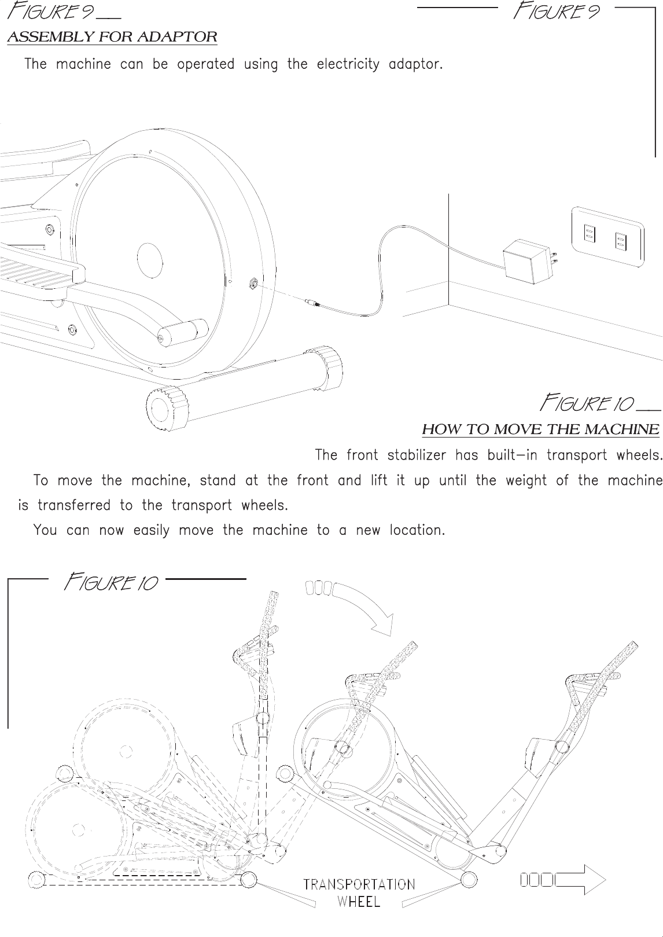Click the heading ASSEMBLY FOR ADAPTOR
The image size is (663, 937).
[x=112, y=38]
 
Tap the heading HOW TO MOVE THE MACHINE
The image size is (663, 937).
[x=540, y=429]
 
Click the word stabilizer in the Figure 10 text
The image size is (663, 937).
[x=416, y=455]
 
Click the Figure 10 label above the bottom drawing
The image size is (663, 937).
[x=110, y=582]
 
